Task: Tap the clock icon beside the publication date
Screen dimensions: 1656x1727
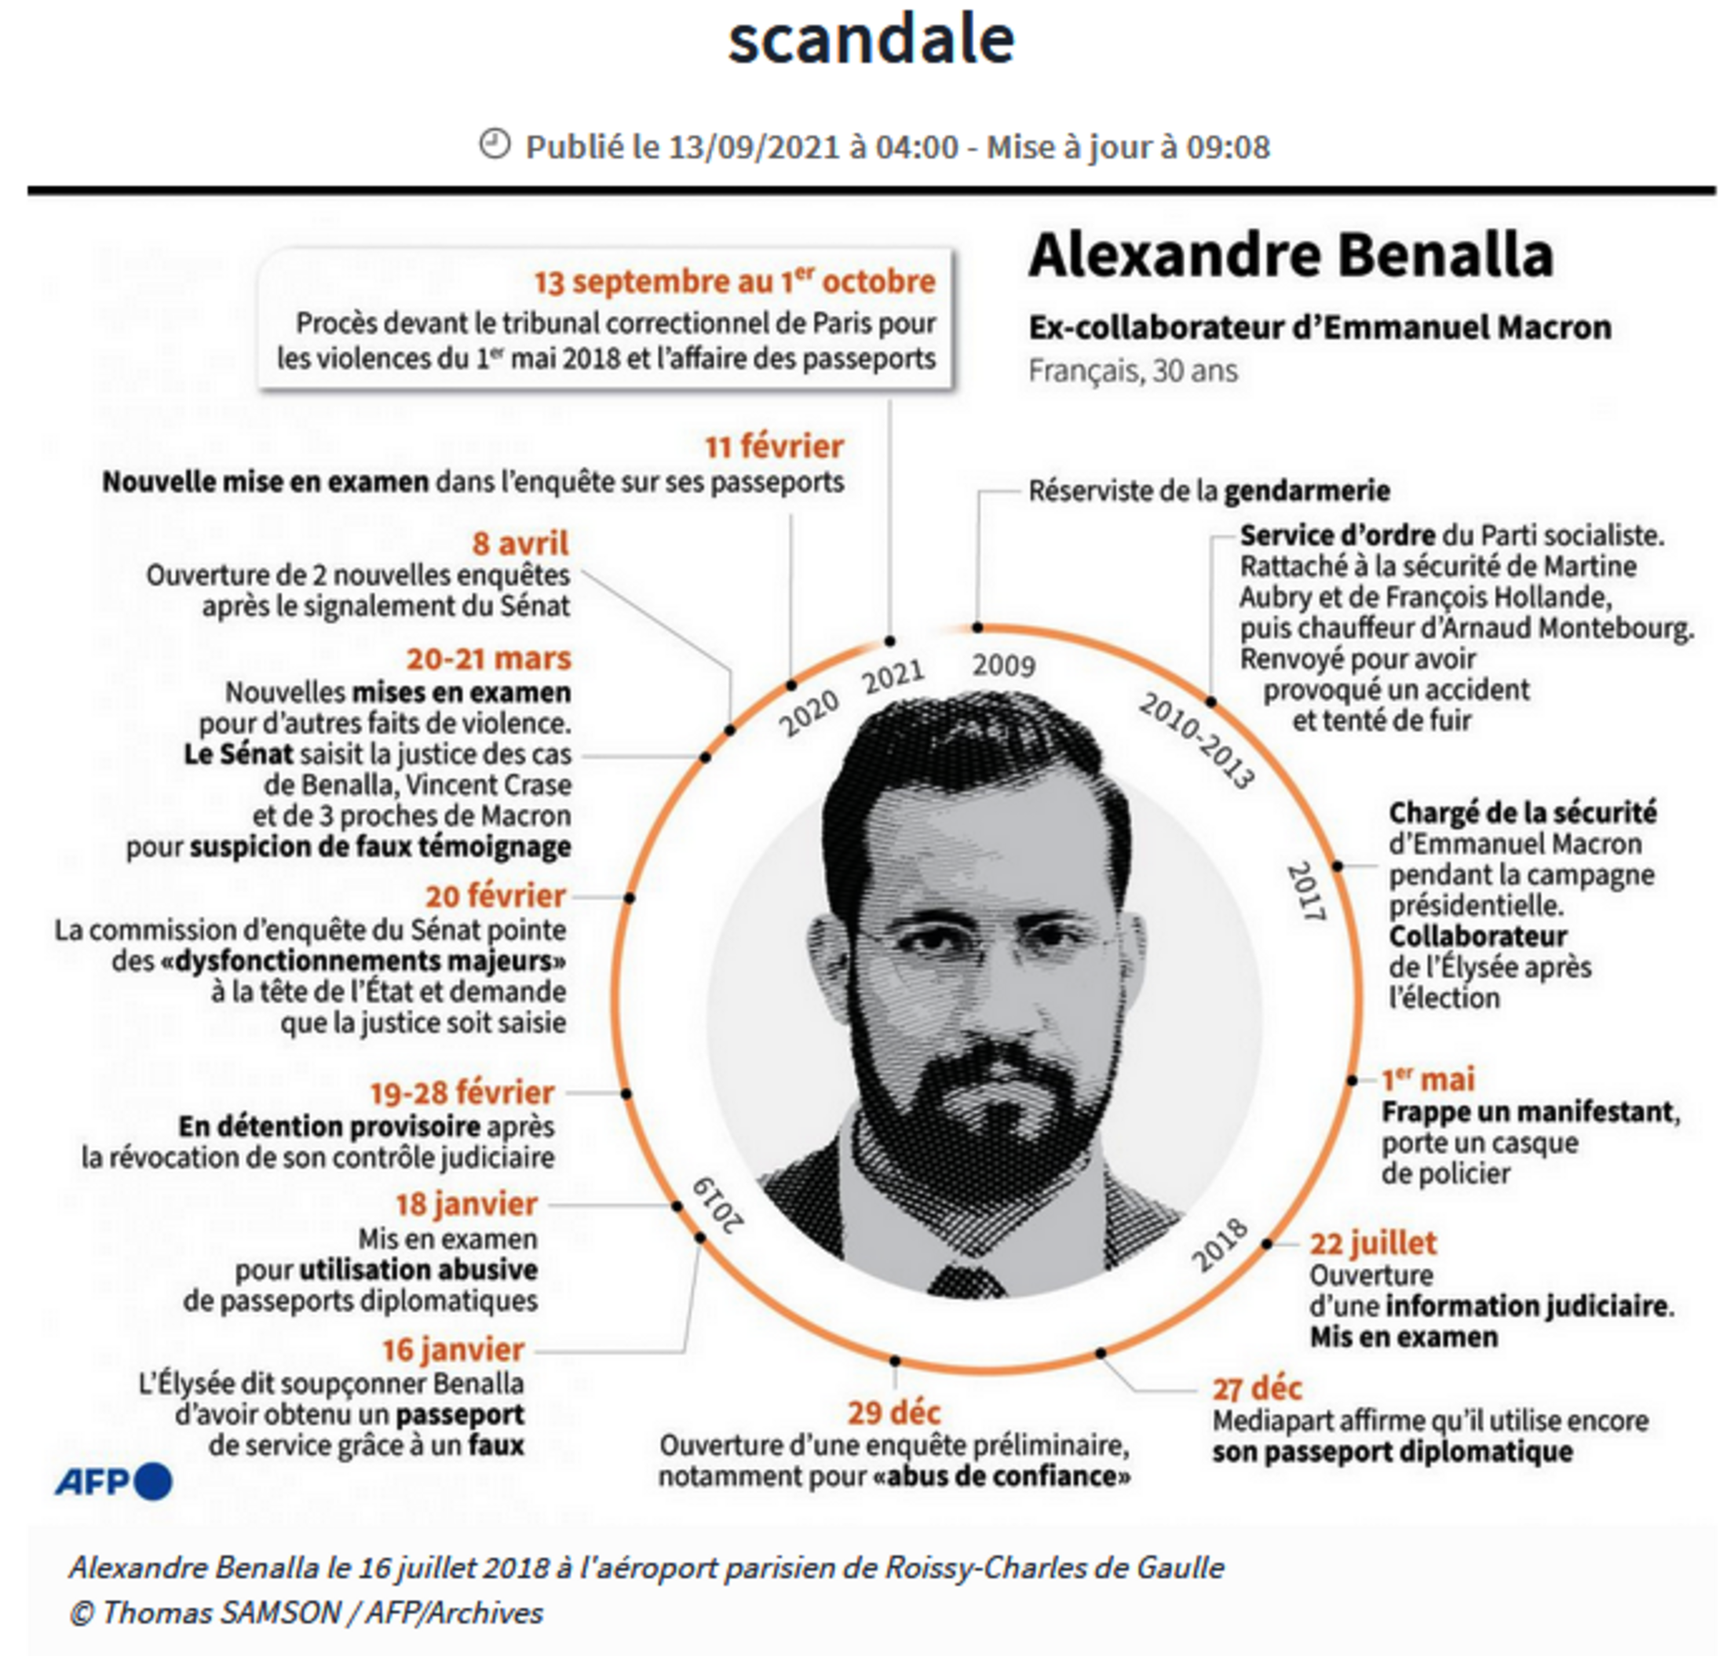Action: [495, 144]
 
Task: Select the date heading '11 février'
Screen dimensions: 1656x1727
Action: [774, 447]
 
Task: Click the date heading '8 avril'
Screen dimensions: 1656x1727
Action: [520, 542]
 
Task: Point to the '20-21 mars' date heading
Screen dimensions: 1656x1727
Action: [488, 658]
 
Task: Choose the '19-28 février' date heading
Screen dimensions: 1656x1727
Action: [462, 1092]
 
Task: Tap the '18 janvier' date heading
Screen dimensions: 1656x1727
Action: [466, 1203]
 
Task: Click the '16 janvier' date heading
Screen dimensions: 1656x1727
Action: [453, 1348]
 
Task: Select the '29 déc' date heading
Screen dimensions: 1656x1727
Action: [893, 1412]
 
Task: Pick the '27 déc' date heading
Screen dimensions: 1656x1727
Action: [1257, 1388]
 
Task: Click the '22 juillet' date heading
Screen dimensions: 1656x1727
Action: [1373, 1243]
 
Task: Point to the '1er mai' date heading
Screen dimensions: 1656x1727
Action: [1427, 1079]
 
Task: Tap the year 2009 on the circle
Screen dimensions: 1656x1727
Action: [1003, 665]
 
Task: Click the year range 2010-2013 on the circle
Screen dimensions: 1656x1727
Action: [1196, 740]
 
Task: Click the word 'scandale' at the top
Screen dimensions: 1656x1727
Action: [871, 40]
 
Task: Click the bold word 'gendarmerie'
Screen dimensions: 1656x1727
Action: [1307, 491]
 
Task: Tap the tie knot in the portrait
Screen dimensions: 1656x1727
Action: [967, 1278]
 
